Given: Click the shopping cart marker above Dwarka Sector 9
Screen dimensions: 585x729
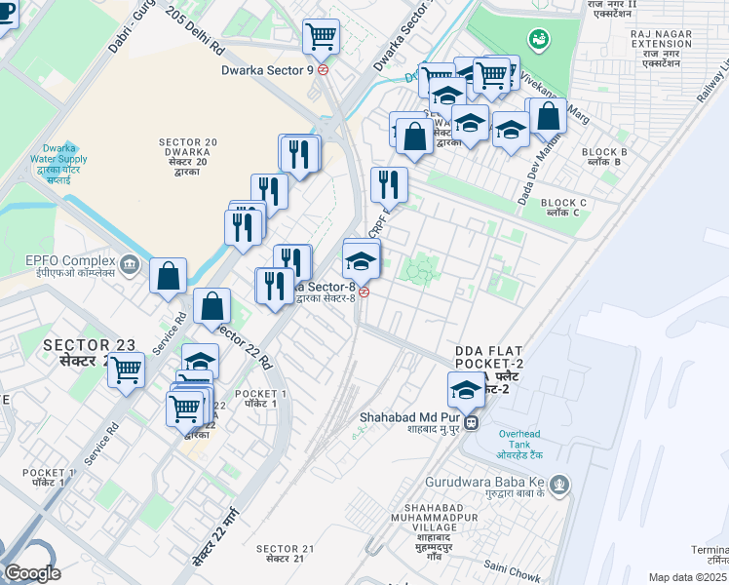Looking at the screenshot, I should pyautogui.click(x=322, y=37).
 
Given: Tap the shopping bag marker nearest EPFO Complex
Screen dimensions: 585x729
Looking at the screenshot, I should pyautogui.click(x=169, y=276).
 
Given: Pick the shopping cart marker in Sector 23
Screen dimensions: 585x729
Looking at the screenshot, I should pyautogui.click(x=127, y=370).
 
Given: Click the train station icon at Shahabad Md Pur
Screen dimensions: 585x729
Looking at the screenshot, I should pyautogui.click(x=471, y=423).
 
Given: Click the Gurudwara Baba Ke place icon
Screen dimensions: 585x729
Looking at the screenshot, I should pyautogui.click(x=558, y=482).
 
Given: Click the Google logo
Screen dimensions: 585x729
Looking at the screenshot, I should pyautogui.click(x=32, y=573).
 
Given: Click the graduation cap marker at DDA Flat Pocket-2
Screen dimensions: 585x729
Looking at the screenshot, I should pyautogui.click(x=467, y=390).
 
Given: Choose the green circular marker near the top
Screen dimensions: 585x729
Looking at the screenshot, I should pyautogui.click(x=537, y=39).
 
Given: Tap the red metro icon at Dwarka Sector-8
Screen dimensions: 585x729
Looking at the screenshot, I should pyautogui.click(x=364, y=292).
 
